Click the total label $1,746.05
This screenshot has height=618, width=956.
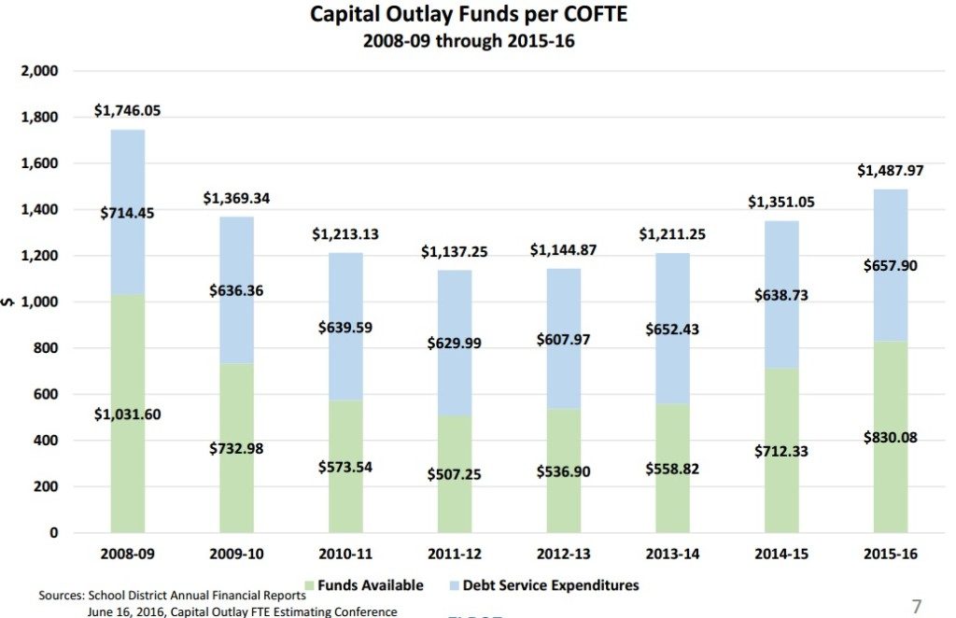click(127, 110)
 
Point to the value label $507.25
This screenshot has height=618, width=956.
click(454, 474)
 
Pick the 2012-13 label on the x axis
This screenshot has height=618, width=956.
click(563, 554)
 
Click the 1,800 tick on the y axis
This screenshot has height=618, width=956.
click(40, 118)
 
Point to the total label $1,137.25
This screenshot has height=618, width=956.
click(454, 252)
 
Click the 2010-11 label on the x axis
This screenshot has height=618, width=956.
click(345, 554)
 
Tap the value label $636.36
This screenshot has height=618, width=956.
click(236, 290)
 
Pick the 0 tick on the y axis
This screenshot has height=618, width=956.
click(53, 533)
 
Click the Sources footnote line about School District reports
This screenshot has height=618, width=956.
click(172, 595)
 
